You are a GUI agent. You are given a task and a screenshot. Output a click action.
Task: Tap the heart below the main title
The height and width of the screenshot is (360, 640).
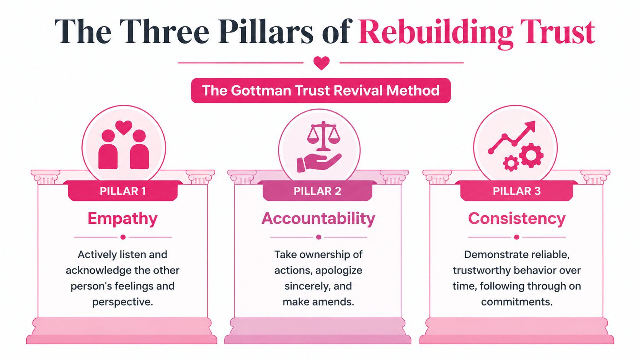[x=321, y=63]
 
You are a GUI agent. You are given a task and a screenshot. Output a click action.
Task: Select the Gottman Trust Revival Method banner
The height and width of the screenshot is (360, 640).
[x=321, y=91]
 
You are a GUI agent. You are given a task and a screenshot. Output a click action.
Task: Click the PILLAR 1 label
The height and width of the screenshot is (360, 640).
[x=123, y=191]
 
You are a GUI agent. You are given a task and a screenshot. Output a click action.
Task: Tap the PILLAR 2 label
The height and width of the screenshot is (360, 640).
[x=317, y=191]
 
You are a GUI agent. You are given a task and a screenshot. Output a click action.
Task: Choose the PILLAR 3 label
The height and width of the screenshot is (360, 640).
[x=516, y=191]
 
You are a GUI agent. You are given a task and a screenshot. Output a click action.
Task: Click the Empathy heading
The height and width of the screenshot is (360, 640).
[x=122, y=219]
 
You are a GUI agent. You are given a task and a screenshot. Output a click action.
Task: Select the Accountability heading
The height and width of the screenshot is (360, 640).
[x=318, y=219]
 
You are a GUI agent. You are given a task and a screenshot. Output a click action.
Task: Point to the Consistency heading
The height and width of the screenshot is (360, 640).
[x=516, y=219]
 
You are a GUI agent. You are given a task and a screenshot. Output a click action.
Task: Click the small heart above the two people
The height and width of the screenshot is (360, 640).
[x=124, y=127]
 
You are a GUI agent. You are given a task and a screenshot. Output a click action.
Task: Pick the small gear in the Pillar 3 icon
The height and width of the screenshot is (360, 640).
[x=511, y=163]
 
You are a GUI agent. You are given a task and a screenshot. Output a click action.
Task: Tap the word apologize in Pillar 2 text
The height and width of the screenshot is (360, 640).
[x=339, y=270]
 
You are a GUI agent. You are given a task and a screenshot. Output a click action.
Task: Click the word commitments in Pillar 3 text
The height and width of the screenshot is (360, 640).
[x=516, y=302]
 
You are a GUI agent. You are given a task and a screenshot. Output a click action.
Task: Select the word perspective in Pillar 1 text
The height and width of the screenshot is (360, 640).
[x=122, y=302]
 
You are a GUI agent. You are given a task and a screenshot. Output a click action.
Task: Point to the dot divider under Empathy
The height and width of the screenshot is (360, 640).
[x=123, y=237]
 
